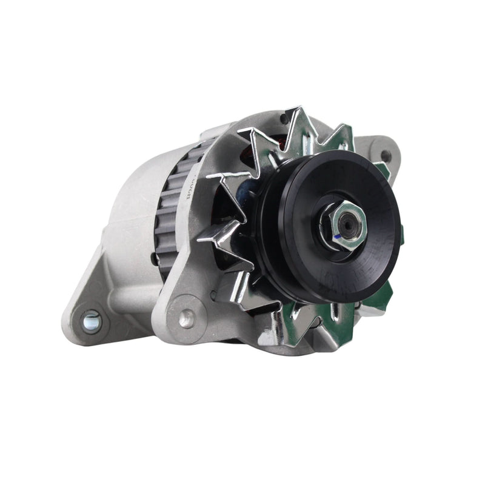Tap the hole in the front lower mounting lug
click(186, 316)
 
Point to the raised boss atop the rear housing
click(209, 130)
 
